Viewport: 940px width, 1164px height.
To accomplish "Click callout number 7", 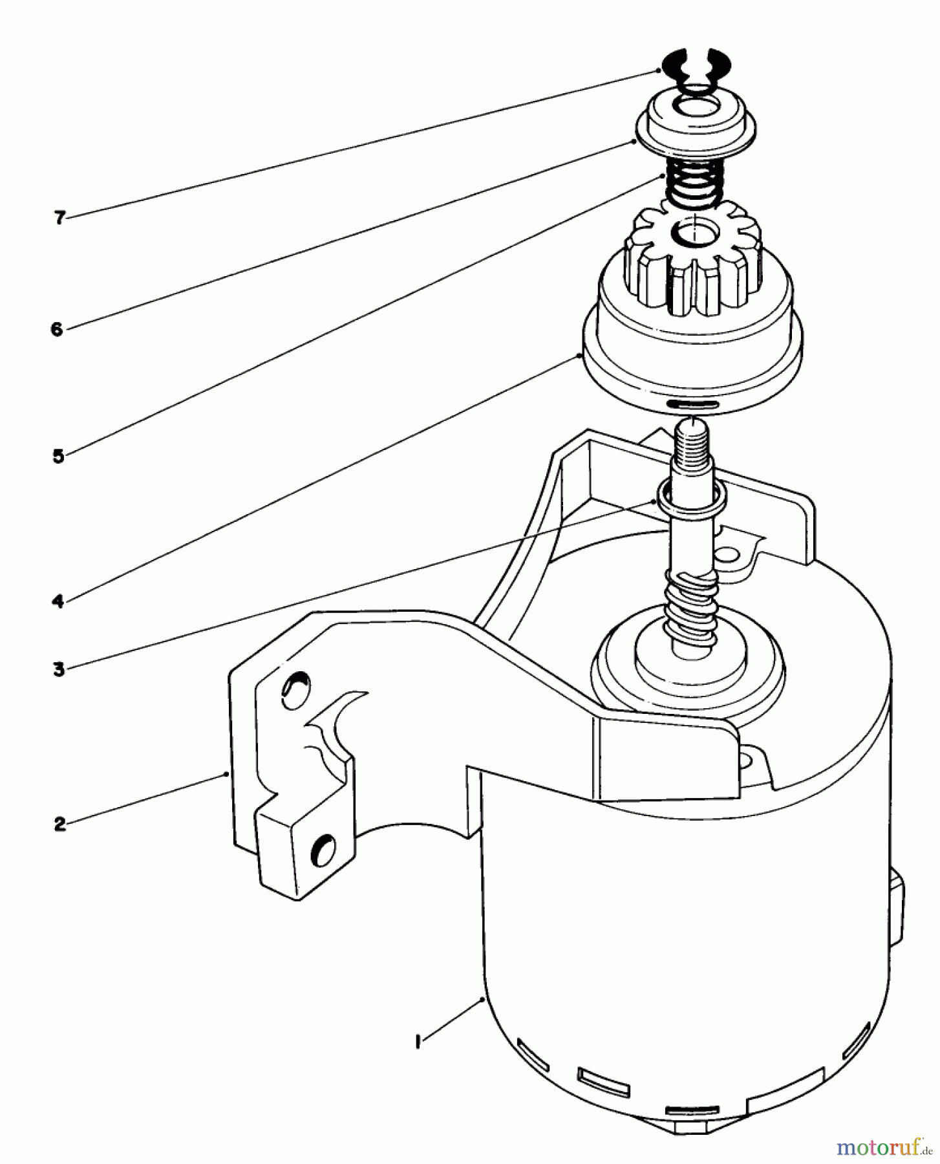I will (x=59, y=218).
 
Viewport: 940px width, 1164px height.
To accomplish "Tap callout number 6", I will (x=57, y=329).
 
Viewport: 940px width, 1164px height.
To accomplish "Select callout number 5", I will (x=58, y=456).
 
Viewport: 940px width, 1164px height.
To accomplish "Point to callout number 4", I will (x=58, y=601).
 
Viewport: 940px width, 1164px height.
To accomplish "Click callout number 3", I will (x=59, y=669).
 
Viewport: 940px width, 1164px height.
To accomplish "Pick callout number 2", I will (x=59, y=824).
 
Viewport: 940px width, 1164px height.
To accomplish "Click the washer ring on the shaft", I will (x=691, y=498).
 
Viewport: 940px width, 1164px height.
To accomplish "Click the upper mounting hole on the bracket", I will (x=295, y=685).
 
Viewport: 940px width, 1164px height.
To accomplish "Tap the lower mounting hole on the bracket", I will (x=323, y=848).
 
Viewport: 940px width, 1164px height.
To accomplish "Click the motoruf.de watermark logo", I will (x=883, y=1147).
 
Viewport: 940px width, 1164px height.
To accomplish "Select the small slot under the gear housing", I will (x=693, y=404).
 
